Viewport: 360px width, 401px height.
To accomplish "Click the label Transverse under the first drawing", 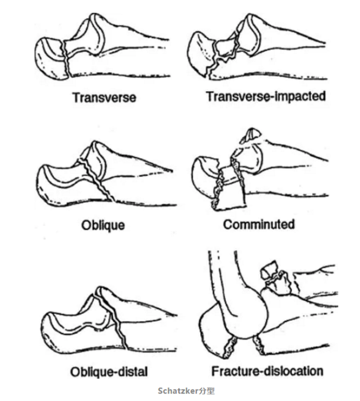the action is coord(104,97).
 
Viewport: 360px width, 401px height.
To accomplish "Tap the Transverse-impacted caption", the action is coord(266,96).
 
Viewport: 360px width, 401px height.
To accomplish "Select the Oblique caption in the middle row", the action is coord(103,226).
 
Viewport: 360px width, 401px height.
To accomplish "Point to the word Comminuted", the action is coord(259,225).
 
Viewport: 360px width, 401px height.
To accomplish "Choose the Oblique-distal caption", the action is coord(109,372).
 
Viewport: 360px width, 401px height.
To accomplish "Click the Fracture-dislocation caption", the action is coord(267,371).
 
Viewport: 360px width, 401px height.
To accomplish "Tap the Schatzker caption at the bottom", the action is coord(186,391).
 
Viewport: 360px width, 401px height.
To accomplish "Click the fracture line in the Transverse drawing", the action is coord(66,59).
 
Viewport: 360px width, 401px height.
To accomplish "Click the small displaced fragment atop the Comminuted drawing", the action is coord(250,136).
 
